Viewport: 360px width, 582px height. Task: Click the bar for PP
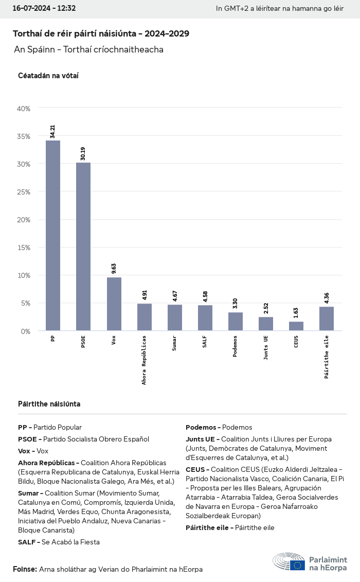click(53, 235)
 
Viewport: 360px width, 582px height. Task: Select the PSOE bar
click(83, 246)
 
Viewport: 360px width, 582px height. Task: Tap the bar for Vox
click(114, 304)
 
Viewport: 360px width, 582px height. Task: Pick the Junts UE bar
click(266, 324)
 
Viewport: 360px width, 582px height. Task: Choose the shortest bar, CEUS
click(296, 326)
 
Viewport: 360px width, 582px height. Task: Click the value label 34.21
click(52, 131)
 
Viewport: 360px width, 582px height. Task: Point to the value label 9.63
click(114, 268)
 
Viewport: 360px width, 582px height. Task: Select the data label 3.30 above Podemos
click(235, 303)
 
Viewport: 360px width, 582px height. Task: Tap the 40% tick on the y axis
click(24, 109)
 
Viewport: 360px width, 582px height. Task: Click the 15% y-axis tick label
click(24, 248)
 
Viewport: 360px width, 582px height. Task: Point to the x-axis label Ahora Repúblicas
click(144, 360)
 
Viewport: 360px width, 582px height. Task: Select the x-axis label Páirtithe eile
click(327, 357)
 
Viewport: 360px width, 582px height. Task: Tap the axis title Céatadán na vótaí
click(48, 76)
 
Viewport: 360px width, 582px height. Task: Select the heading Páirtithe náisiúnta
click(49, 404)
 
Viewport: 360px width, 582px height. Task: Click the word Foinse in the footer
click(24, 569)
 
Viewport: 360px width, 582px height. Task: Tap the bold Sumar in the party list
click(28, 493)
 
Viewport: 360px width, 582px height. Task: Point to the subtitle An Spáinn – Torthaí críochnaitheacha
click(88, 50)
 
